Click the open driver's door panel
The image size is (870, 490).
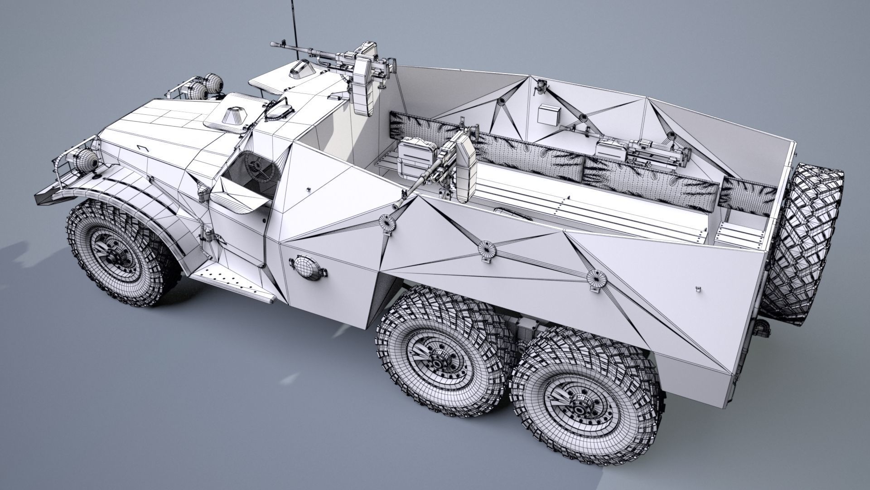[242, 200]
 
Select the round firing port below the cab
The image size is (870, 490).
[307, 267]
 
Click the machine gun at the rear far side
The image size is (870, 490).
[652, 150]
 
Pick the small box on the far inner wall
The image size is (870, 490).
[549, 114]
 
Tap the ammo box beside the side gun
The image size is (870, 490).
[415, 156]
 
